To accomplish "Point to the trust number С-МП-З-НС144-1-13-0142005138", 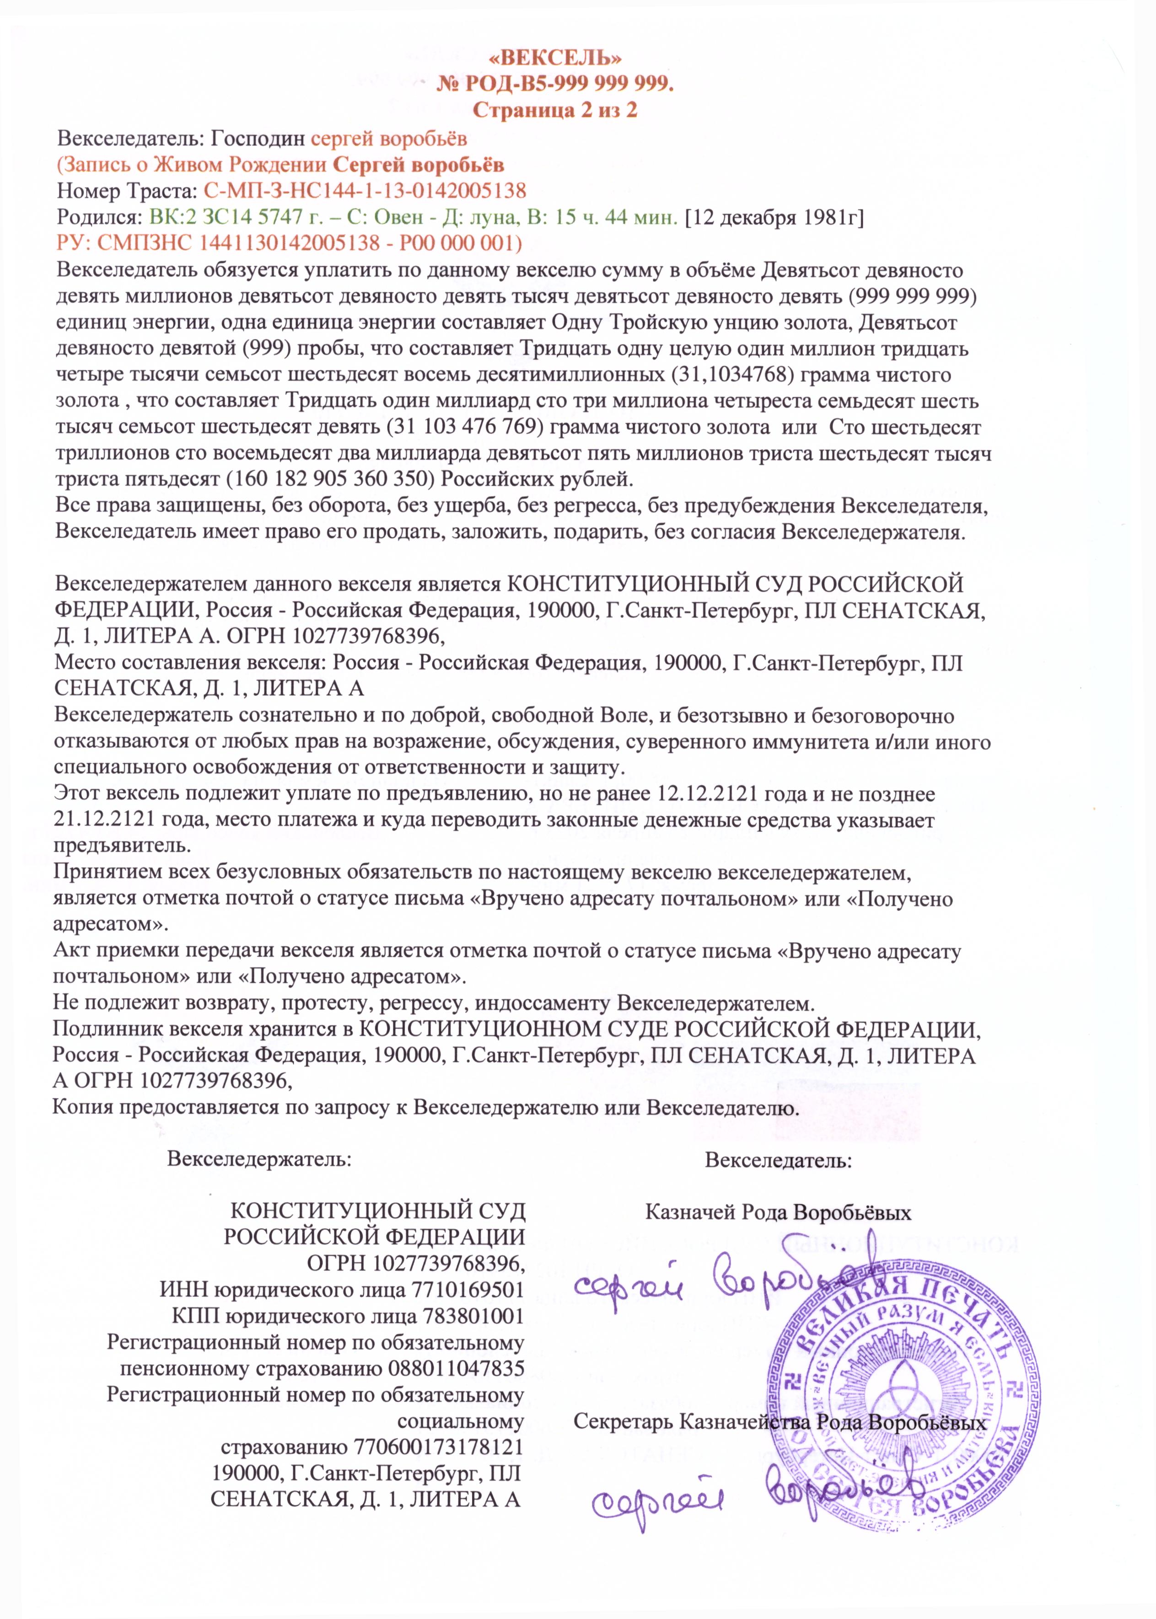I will pyautogui.click(x=365, y=191).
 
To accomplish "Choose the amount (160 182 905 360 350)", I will pyautogui.click(x=329, y=478).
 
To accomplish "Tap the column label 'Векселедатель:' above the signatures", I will pyautogui.click(x=779, y=1161).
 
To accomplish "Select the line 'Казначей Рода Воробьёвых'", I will pyautogui.click(x=778, y=1212).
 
